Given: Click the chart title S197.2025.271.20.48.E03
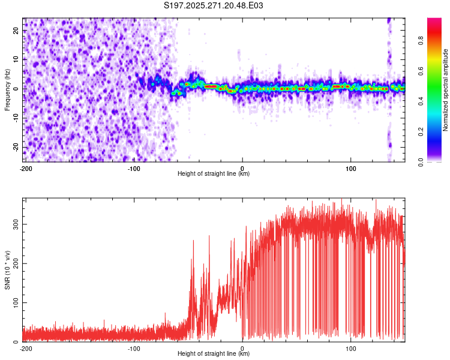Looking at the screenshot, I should tap(214, 6).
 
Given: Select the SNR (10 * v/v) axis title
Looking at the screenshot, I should tap(7, 269).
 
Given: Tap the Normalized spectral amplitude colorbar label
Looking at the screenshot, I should tap(446, 90).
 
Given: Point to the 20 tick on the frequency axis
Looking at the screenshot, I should tap(16, 31).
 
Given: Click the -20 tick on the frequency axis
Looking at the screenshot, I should tap(15, 148).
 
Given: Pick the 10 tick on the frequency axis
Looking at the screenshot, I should tap(16, 59).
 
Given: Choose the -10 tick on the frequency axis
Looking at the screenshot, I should tap(15, 118).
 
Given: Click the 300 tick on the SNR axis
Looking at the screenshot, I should tap(14, 224).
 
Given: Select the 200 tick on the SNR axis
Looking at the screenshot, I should tap(14, 263).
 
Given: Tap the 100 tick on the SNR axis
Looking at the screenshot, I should tap(14, 303).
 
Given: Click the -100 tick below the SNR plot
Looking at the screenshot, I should tap(134, 349).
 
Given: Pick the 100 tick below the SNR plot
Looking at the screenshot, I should tap(351, 349).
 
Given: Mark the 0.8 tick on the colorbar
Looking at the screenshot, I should tap(421, 41).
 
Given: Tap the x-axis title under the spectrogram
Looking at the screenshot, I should tap(214, 174).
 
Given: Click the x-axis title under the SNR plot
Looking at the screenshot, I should tap(214, 354).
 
